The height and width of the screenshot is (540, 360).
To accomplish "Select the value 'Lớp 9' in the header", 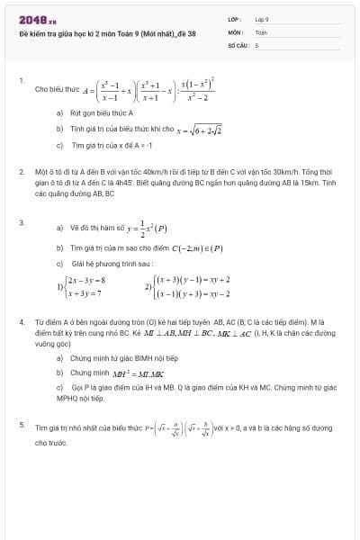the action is (x=262, y=19).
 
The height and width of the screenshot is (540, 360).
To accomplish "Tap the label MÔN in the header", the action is (x=235, y=31).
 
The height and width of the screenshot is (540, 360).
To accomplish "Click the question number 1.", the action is (x=21, y=80).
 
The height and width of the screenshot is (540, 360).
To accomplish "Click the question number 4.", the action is (x=22, y=320).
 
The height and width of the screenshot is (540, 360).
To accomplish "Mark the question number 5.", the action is (x=22, y=423).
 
